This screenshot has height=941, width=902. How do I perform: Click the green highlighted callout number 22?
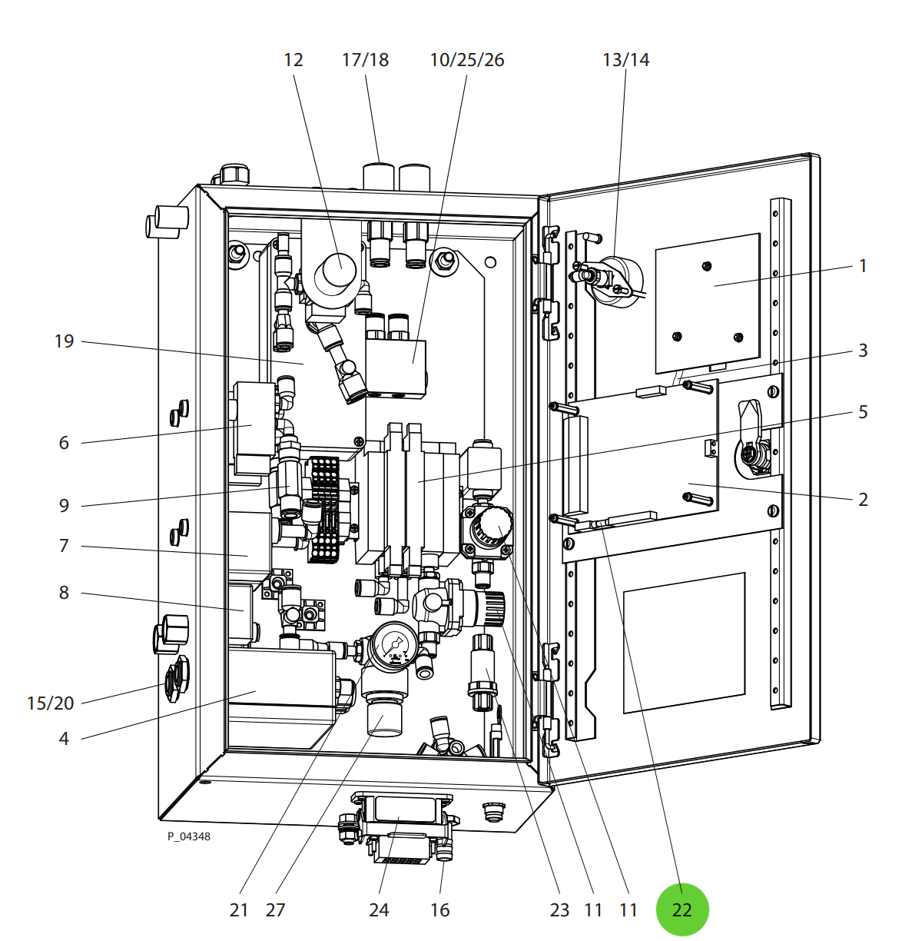click(x=681, y=909)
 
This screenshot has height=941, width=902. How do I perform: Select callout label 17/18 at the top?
click(x=365, y=60)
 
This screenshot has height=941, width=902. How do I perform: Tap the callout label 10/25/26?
click(x=466, y=60)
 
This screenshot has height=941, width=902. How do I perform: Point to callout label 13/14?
click(x=625, y=60)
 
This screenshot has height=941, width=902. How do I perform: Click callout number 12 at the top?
click(x=293, y=60)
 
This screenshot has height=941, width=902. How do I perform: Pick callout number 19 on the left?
click(x=65, y=341)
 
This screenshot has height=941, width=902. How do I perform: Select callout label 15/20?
click(x=51, y=703)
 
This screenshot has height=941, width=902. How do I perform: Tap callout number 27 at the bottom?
click(x=275, y=910)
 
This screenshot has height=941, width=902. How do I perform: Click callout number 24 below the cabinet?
click(x=379, y=910)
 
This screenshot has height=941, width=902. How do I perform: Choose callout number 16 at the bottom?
click(x=439, y=910)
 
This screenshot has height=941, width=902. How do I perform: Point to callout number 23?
click(x=559, y=910)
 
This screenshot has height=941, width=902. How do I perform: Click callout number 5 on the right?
click(x=863, y=412)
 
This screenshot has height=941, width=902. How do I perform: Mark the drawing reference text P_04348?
click(x=189, y=836)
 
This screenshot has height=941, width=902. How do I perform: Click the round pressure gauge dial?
click(x=396, y=644)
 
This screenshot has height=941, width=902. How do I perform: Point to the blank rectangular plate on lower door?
click(x=684, y=642)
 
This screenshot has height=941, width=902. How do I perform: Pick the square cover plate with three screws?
click(x=707, y=300)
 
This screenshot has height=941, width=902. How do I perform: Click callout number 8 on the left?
click(x=64, y=593)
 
